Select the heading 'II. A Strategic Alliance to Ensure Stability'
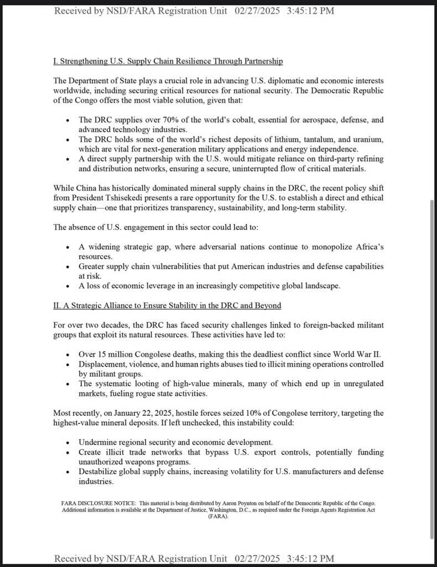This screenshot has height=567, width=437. click(167, 305)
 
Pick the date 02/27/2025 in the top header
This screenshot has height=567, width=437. click(258, 11)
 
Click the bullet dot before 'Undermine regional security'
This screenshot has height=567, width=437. click(67, 443)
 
